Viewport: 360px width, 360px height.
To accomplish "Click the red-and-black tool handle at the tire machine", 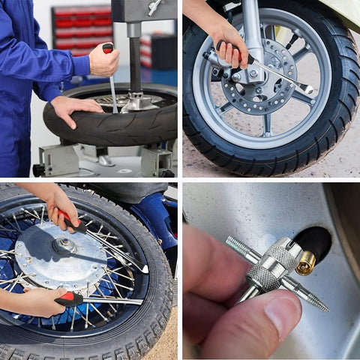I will (108, 49).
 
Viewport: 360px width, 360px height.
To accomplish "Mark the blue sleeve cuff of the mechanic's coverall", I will (81, 66).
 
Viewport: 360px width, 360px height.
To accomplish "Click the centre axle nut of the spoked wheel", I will (65, 244).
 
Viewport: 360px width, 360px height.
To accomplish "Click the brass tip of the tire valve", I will (305, 262).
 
